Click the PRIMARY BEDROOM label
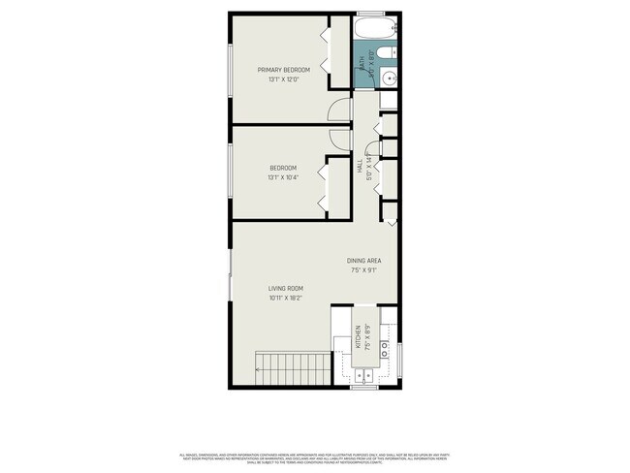283,70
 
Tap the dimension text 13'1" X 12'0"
283,79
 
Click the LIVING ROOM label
286,288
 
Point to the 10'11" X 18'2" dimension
286,299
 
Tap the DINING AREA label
363,261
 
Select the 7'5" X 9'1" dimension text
363,271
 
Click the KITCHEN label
357,336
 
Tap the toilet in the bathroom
384,52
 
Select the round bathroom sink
386,77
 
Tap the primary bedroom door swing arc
338,110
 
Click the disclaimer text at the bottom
315,457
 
